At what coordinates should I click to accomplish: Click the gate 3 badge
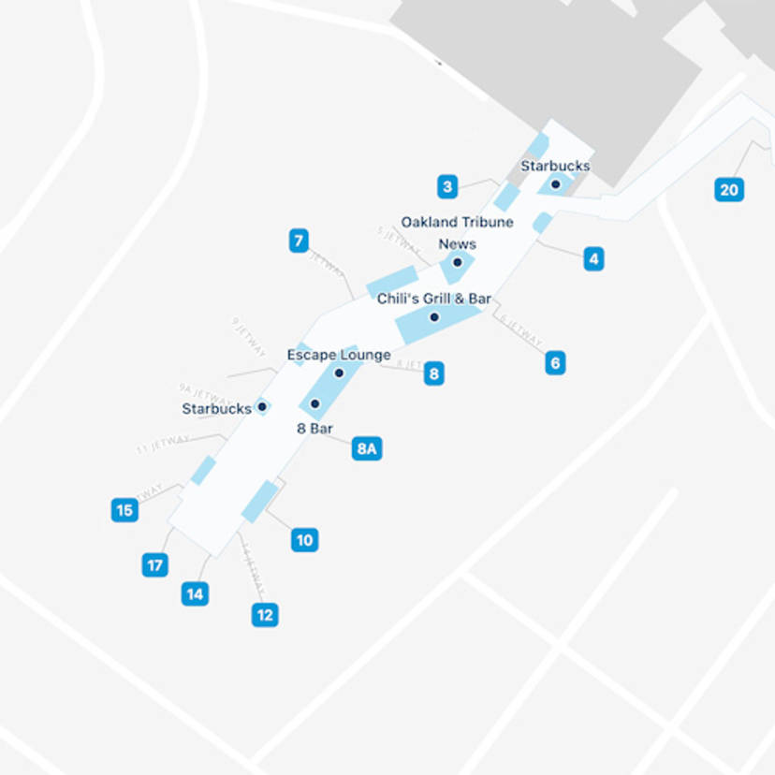[x=447, y=186]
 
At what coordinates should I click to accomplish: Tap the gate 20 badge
[x=729, y=190]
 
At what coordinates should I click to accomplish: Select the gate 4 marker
[x=593, y=258]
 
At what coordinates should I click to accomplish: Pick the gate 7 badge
[x=299, y=241]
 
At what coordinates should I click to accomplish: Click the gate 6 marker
[x=555, y=362]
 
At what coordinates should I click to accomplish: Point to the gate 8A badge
[x=366, y=448]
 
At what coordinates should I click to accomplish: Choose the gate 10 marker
[x=304, y=540]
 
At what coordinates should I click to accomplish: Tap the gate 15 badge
[x=124, y=510]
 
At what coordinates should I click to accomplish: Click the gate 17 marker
[x=155, y=565]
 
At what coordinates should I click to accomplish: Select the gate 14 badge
[x=195, y=593]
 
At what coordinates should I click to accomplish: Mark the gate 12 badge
[x=265, y=615]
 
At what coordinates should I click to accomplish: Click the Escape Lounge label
[x=339, y=355]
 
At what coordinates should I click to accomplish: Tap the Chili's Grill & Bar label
[x=434, y=299]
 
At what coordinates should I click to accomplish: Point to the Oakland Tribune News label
[x=458, y=232]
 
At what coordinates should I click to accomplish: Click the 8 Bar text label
[x=315, y=428]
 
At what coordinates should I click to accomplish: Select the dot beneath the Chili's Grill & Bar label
[x=434, y=317]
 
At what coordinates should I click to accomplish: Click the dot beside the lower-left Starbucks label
[x=262, y=406]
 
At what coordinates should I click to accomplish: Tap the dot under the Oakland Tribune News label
[x=458, y=263]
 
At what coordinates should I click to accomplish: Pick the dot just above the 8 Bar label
[x=314, y=404]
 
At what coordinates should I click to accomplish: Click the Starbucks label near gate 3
[x=555, y=166]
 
